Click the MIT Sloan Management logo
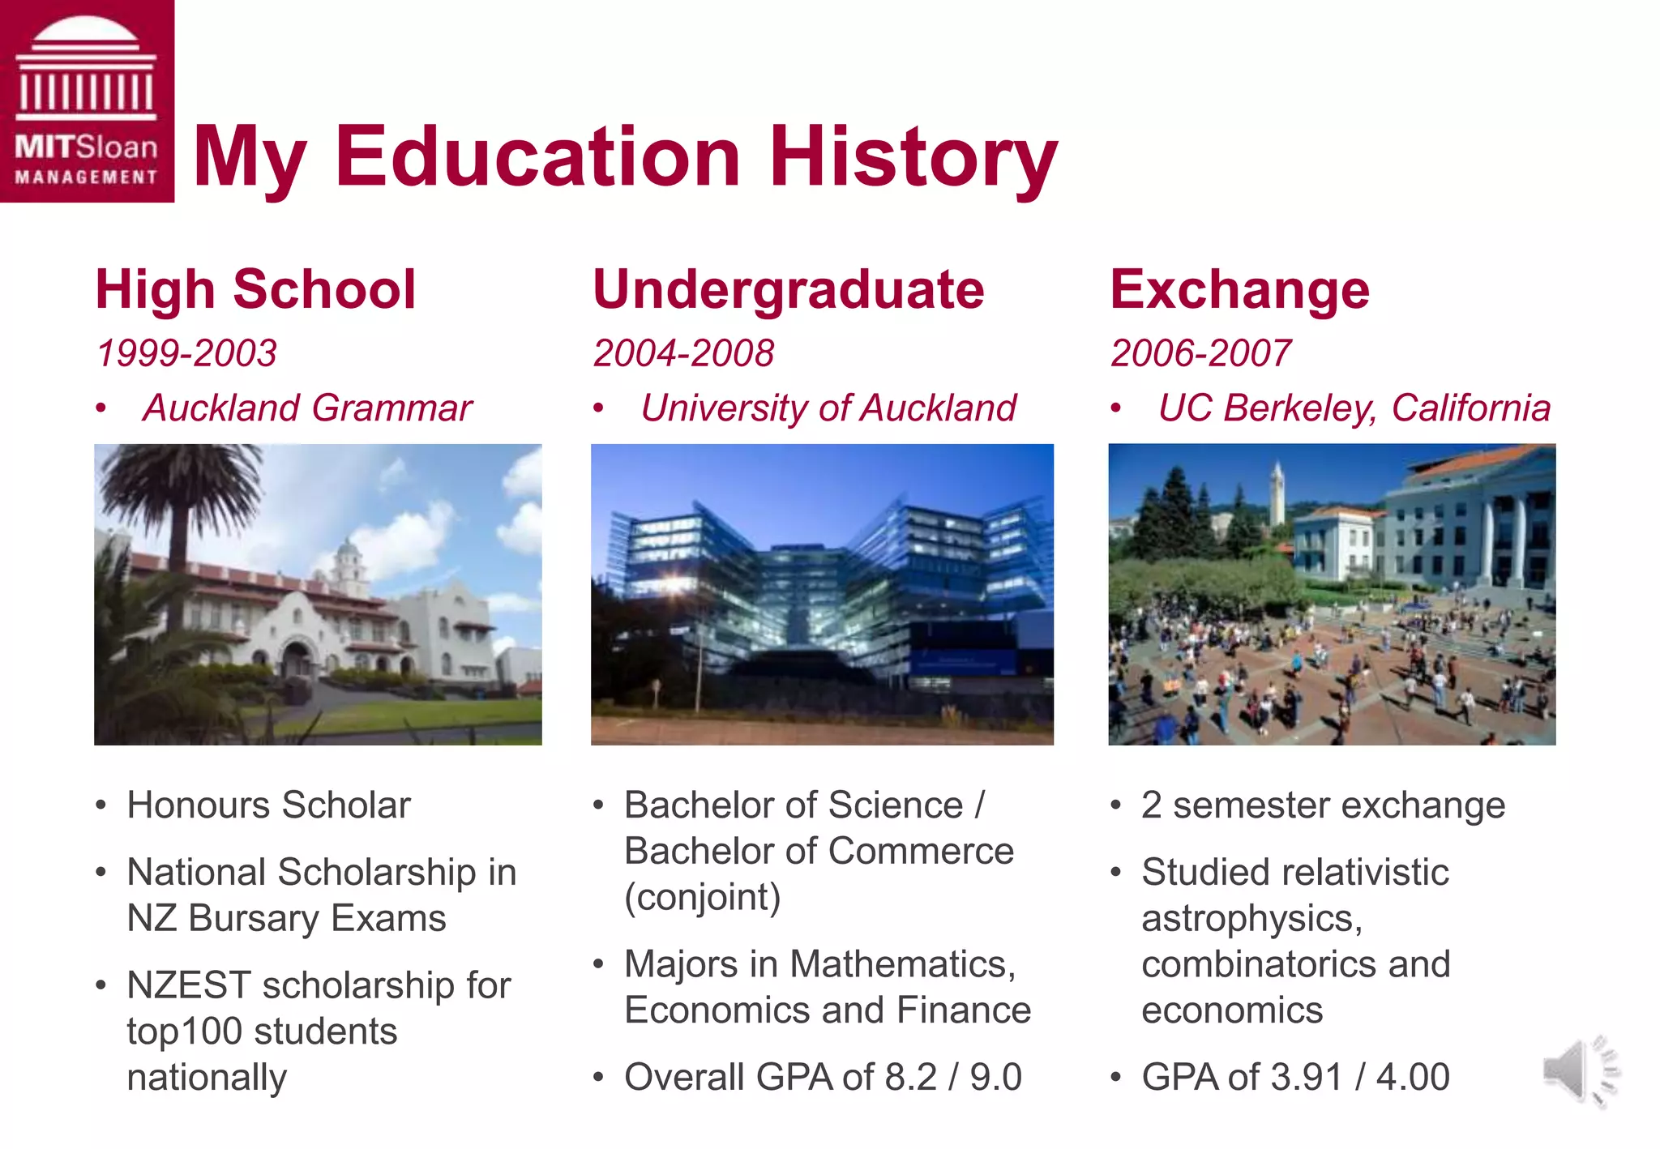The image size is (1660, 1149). [87, 100]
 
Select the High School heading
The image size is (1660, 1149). [255, 290]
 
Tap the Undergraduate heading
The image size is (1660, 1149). [788, 290]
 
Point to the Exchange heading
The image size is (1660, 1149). [1239, 290]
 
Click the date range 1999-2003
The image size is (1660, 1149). [186, 353]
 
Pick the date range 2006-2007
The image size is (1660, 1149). [1200, 353]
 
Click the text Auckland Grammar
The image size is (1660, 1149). [307, 408]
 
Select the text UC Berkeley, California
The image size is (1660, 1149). [1354, 408]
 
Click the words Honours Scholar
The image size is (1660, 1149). [269, 805]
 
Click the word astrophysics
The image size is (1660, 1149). [1251, 919]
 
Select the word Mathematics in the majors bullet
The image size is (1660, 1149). [901, 964]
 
